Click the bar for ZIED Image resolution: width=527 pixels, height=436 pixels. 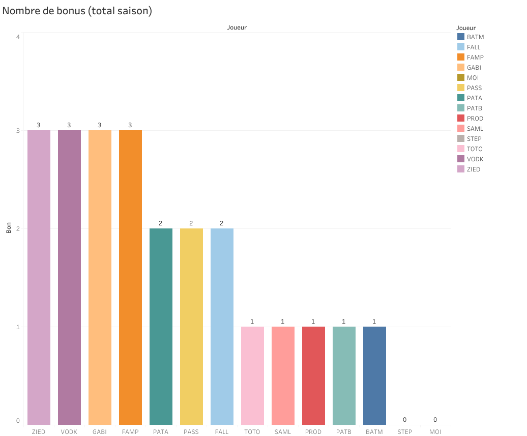tap(39, 277)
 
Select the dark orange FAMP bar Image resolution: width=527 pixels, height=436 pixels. tap(130, 277)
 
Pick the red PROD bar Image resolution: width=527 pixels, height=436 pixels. tap(313, 375)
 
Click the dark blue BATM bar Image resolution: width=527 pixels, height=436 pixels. tap(374, 375)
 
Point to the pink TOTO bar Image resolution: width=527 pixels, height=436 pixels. tap(252, 375)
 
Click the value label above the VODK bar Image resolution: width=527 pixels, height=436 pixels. tap(69, 125)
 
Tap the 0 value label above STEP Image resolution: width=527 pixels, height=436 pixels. tap(405, 420)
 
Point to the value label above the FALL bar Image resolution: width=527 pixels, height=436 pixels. tap(222, 223)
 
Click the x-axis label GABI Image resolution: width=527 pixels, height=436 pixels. tap(100, 432)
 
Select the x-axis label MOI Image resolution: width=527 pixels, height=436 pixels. tap(435, 432)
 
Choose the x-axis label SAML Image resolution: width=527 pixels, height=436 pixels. tap(283, 432)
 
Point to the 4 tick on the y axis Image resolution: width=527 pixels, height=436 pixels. tap(18, 37)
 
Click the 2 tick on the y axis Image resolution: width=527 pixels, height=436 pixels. tap(18, 228)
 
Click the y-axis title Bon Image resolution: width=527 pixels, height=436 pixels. tap(9, 229)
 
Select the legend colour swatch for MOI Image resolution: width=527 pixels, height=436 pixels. tap(461, 77)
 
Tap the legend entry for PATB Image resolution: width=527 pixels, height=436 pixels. tap(474, 108)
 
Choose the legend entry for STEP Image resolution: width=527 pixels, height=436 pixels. tap(474, 138)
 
